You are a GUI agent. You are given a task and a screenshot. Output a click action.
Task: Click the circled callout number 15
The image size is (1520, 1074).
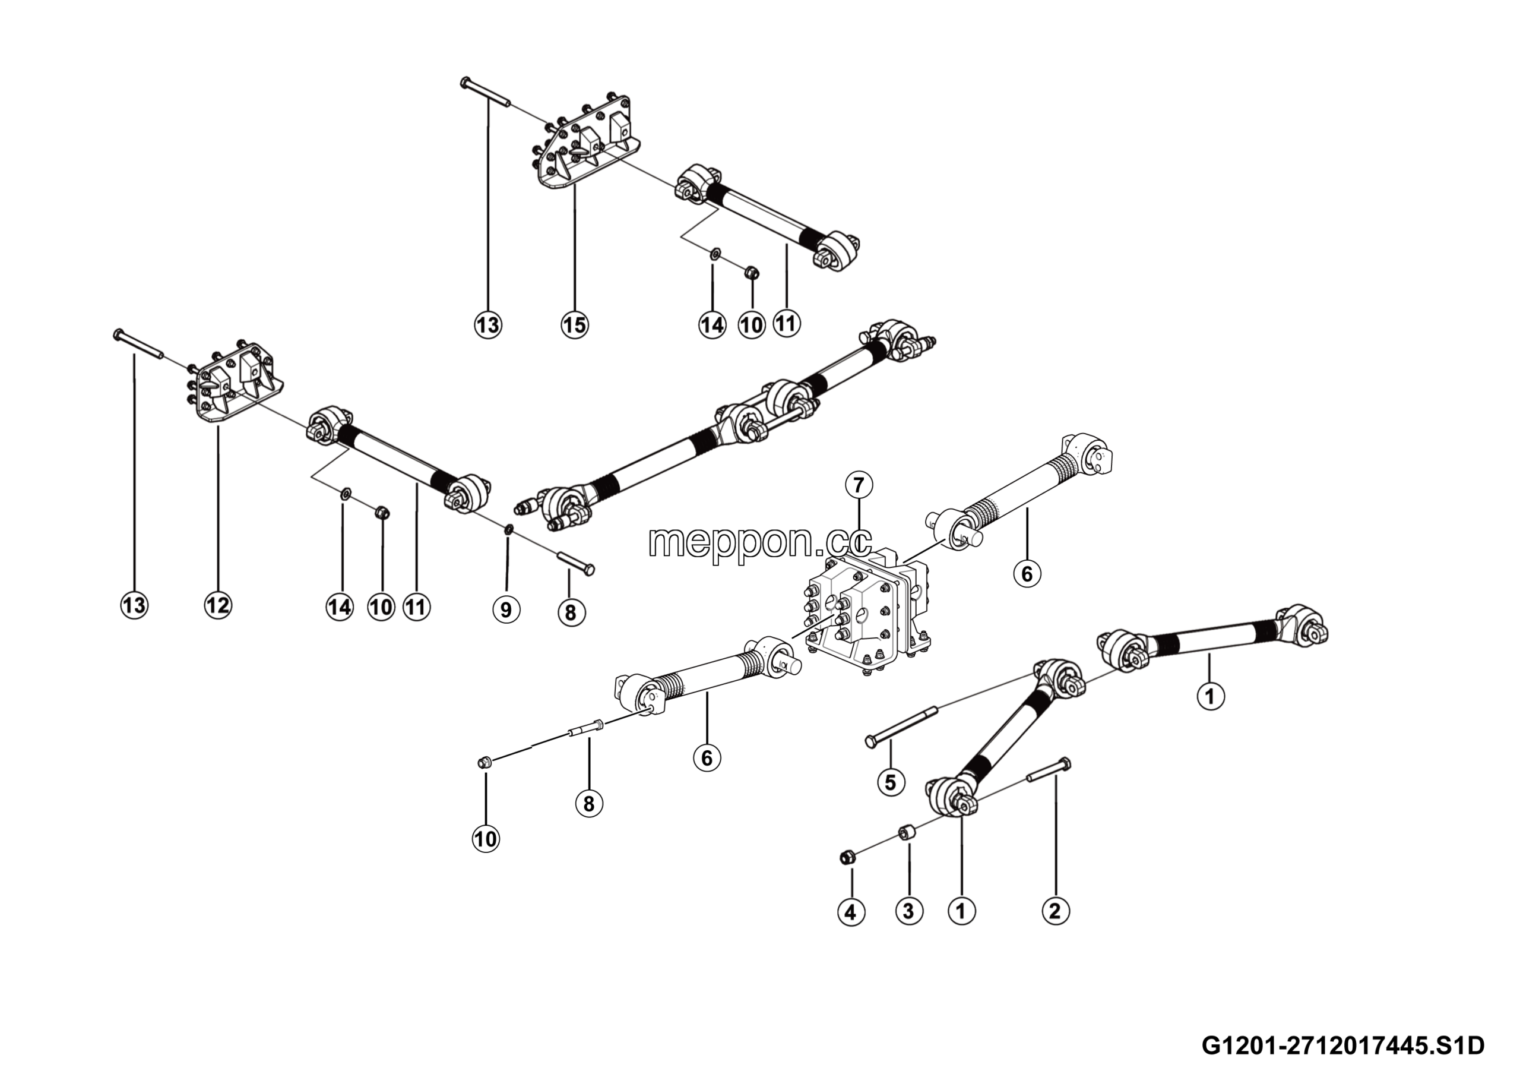pos(574,324)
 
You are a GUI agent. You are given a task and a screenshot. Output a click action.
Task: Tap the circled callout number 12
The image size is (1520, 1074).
pos(218,605)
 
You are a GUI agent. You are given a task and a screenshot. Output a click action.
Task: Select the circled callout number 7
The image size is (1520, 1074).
pos(859,485)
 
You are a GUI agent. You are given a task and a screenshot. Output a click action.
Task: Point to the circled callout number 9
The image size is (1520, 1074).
pos(506,609)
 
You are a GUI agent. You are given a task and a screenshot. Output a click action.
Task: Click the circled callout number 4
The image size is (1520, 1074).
pos(851,912)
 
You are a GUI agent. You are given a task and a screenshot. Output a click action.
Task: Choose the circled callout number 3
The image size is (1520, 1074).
pos(909,911)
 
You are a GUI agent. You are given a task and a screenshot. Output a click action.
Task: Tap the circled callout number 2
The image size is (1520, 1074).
pos(1055,911)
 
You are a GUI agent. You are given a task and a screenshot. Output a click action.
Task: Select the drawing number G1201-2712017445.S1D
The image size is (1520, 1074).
pos(1343,1045)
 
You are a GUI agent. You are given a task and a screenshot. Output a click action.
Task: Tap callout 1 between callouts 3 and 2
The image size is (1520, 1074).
pos(961,911)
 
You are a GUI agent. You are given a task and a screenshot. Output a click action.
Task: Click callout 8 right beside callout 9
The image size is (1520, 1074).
pos(571,612)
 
